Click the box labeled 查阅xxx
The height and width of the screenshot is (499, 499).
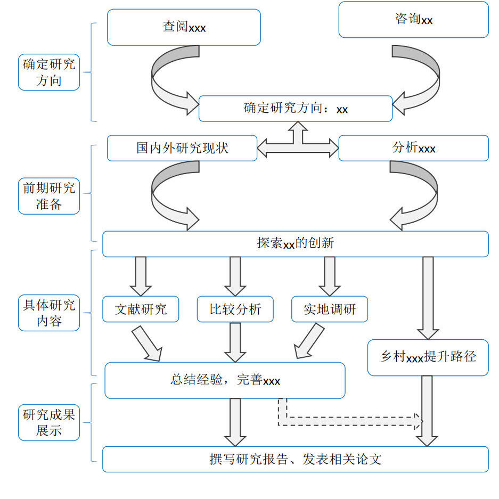(184, 27)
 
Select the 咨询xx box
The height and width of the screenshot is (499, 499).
(413, 20)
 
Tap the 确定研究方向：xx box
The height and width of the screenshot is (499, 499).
(296, 109)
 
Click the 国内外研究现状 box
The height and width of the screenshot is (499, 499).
(182, 148)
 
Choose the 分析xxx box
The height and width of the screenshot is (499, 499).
(413, 148)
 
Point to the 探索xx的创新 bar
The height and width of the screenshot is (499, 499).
(296, 244)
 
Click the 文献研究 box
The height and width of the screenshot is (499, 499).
(141, 309)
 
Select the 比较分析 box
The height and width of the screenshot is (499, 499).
(235, 309)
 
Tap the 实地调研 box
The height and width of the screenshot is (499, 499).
(330, 309)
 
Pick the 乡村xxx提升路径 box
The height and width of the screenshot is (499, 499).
(428, 357)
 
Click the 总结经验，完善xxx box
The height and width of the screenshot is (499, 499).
(225, 380)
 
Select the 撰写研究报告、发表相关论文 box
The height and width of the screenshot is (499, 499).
(296, 459)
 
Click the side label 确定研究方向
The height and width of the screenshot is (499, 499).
(49, 72)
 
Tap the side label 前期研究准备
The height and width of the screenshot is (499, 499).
(49, 196)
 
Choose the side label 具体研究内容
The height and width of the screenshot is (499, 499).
(49, 313)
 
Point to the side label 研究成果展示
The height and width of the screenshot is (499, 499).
(49, 422)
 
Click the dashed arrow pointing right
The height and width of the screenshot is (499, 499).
(346, 421)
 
